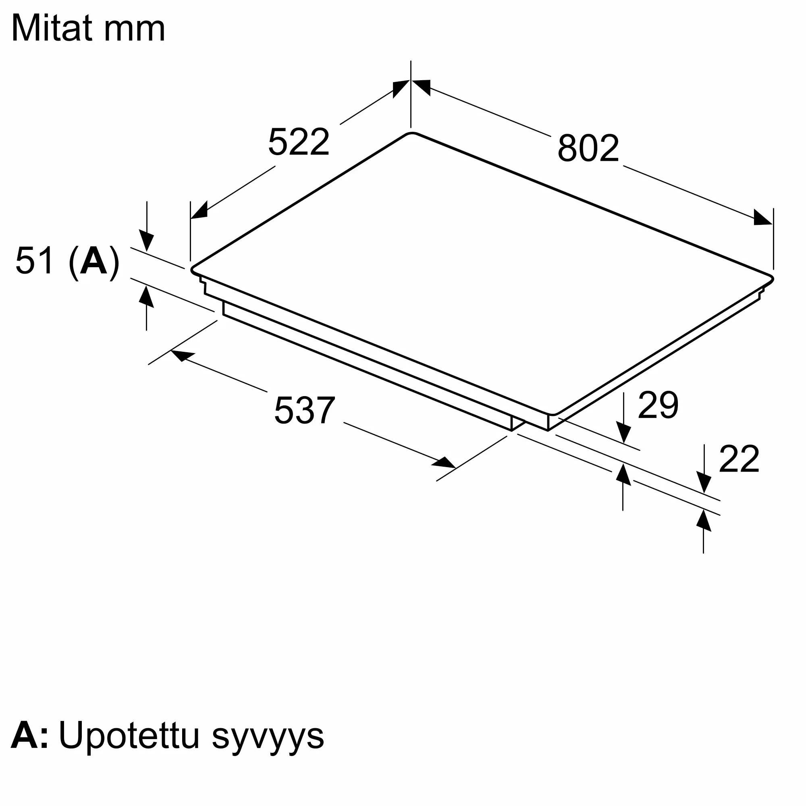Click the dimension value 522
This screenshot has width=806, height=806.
(299, 142)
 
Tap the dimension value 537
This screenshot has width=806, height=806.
(305, 411)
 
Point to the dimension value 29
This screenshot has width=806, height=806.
(658, 405)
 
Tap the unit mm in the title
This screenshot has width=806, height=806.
(134, 32)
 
